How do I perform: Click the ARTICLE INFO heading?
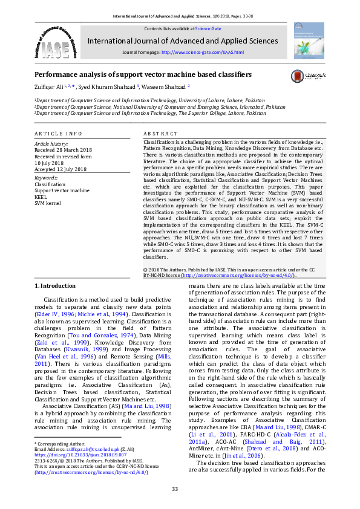(x=58, y=133)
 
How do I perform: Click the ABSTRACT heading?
(x=161, y=133)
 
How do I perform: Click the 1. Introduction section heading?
(x=54, y=285)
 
